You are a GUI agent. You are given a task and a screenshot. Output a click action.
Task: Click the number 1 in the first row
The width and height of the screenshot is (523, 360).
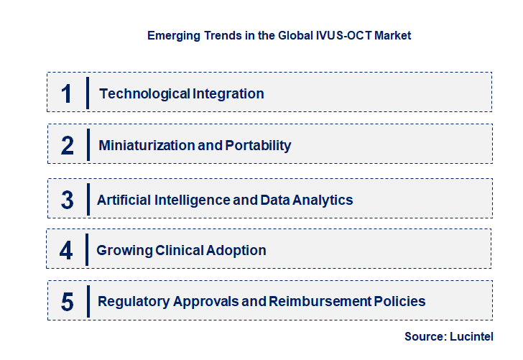(67, 93)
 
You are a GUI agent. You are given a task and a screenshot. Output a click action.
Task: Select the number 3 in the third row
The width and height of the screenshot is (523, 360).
(68, 200)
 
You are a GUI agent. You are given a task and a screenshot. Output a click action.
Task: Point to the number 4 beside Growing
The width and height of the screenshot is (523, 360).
(67, 250)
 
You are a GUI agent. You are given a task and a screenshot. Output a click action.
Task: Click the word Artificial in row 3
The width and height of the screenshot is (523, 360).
(124, 200)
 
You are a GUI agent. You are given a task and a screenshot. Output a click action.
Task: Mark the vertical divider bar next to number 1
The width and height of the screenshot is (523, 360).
(87, 93)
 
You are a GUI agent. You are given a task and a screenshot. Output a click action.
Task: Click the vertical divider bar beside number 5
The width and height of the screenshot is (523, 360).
(87, 300)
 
